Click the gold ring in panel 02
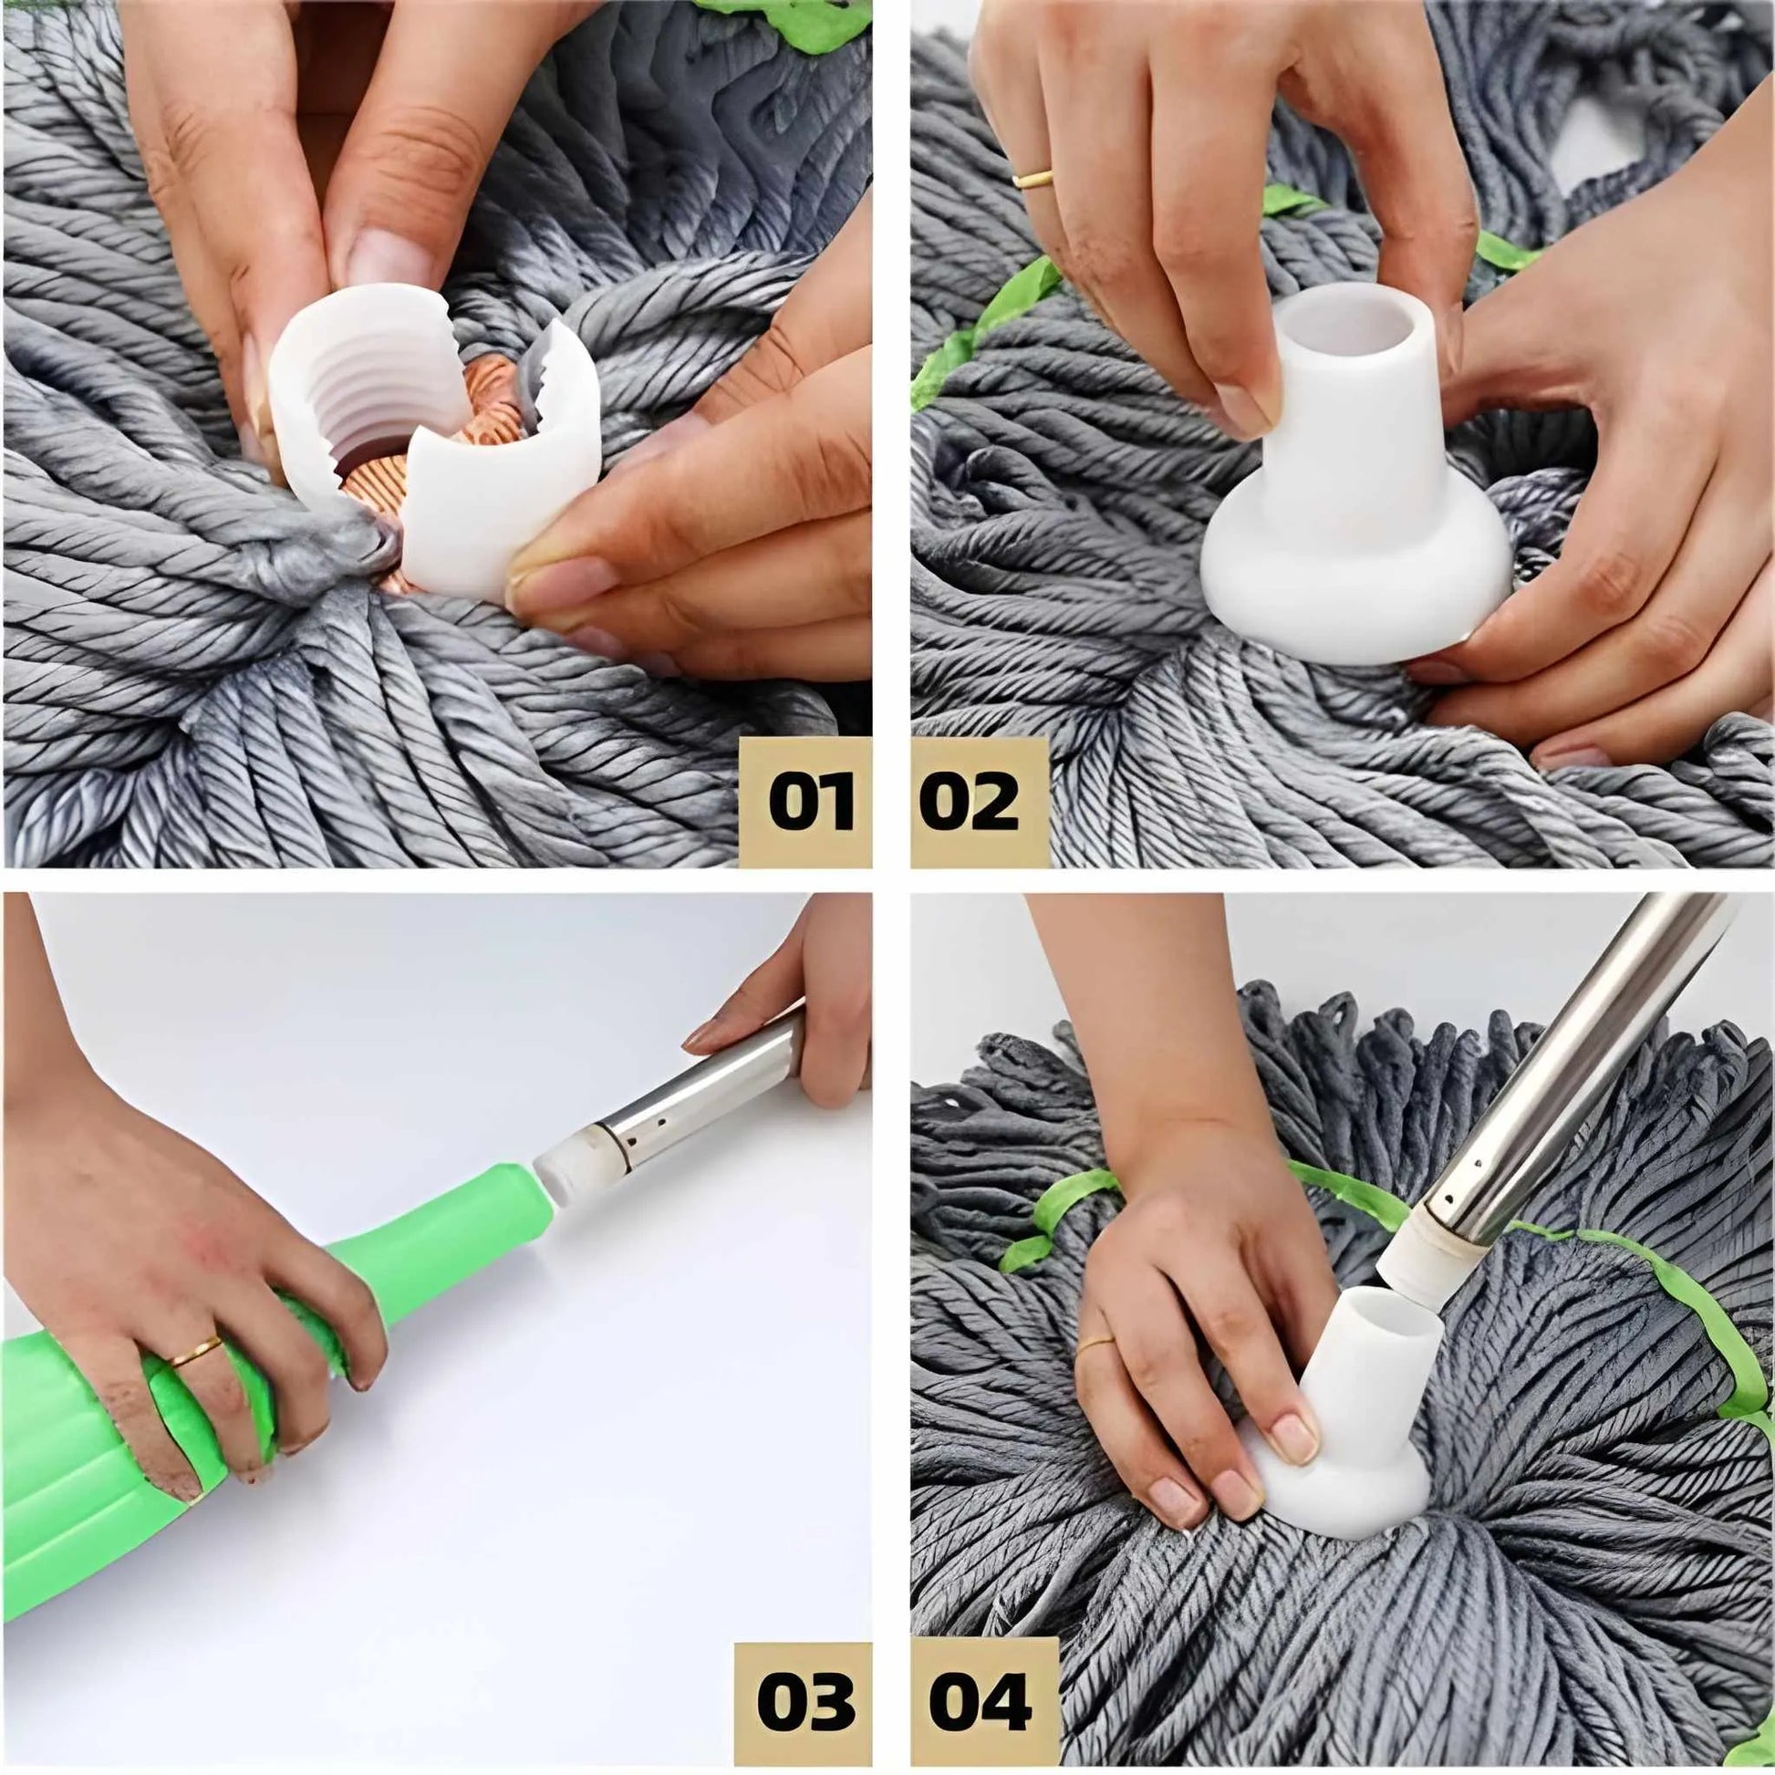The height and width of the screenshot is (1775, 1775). point(1033,178)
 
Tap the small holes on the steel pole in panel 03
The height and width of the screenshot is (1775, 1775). point(658,1139)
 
